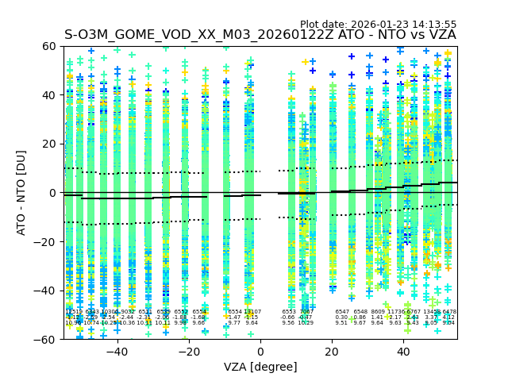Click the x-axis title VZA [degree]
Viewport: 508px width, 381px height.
(260, 367)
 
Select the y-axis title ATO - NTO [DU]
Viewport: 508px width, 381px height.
(21, 193)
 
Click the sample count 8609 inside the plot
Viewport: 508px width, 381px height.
(377, 312)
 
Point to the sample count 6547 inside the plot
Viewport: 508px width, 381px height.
(342, 312)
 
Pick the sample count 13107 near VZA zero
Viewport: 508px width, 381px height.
(252, 312)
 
